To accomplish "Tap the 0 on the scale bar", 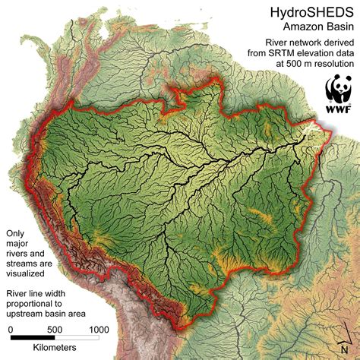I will [x=11, y=328].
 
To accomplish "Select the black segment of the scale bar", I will [x=32, y=338].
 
